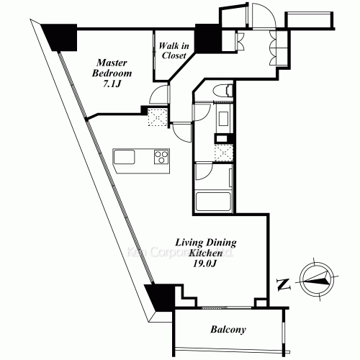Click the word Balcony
pyautogui.click(x=228, y=330)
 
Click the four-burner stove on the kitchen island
pyautogui.click(x=159, y=156)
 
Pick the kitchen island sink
pyautogui.click(x=125, y=156)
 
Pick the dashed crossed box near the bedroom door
pyautogui.click(x=156, y=116)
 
